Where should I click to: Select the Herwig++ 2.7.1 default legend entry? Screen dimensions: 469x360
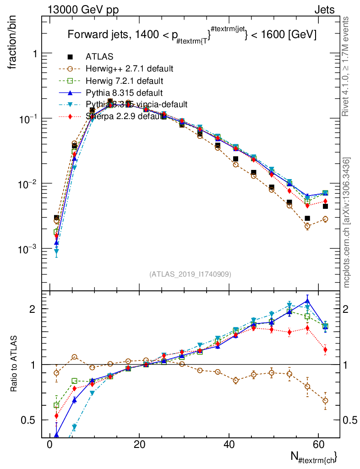(129, 69)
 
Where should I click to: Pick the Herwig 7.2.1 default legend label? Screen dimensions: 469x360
(125, 81)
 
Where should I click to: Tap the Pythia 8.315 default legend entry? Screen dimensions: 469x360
(124, 93)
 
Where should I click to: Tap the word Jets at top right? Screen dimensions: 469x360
(324, 9)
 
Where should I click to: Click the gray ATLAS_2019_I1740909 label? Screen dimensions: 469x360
(190, 274)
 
